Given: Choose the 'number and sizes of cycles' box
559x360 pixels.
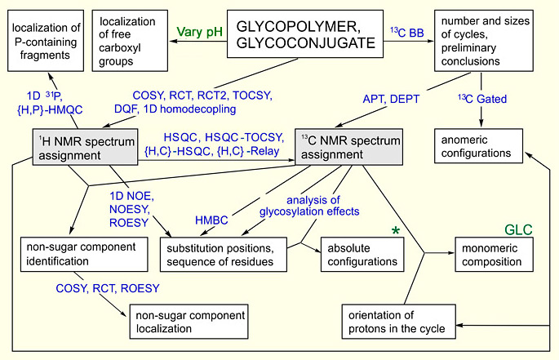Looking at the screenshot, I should click(483, 36).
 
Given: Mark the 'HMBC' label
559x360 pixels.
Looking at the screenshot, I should click(216, 220).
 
